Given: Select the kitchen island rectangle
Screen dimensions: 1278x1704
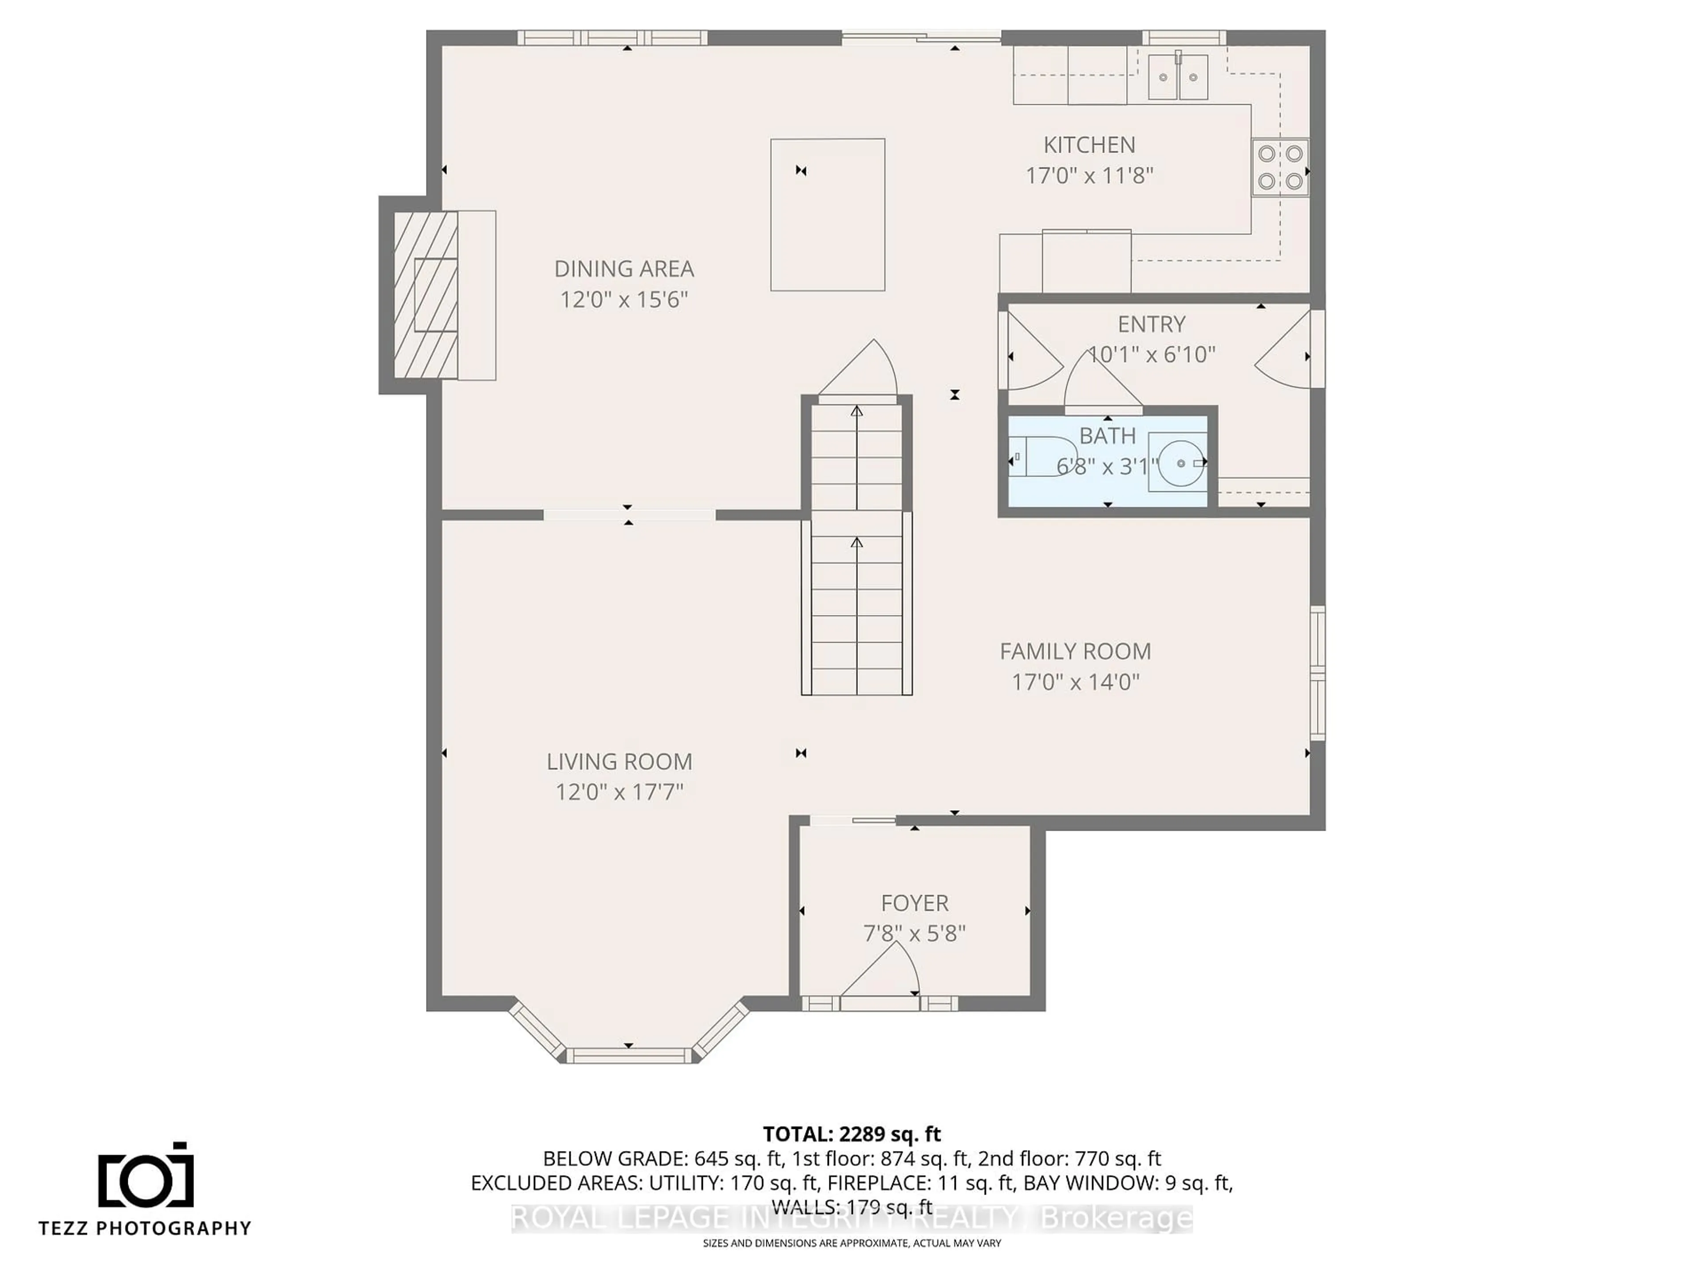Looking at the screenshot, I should coord(827,215).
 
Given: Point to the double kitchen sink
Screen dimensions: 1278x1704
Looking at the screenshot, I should coord(1178,77).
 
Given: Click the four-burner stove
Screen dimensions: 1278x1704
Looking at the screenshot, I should coord(1279,167).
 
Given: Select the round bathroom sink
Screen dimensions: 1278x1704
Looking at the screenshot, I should coord(1180,462).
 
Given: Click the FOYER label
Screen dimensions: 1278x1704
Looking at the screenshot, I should coord(915,903).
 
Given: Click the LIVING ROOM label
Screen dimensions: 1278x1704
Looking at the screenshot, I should coord(619,762).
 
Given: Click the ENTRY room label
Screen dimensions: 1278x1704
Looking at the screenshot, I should coord(1151,324).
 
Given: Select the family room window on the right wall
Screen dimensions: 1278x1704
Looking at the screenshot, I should coord(1318,673).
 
